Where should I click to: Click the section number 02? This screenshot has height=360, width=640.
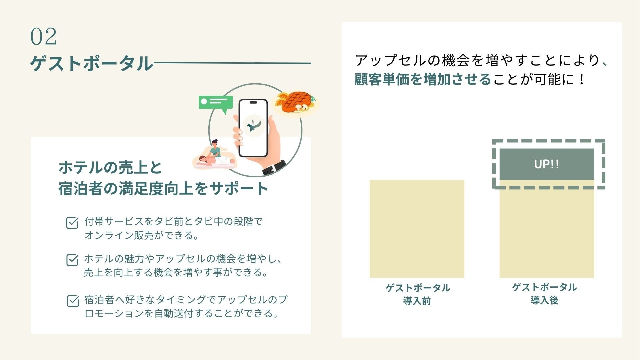point(43,36)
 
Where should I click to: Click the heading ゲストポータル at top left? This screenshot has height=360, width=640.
point(91,63)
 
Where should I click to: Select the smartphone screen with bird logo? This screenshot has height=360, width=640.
point(253,127)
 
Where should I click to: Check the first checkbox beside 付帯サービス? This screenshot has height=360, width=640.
point(72,223)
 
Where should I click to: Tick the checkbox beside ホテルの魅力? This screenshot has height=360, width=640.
point(72,260)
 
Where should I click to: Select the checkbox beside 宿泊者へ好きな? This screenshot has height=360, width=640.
point(73,301)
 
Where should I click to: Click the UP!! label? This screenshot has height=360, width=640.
point(547,164)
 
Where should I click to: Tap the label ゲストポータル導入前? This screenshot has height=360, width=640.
point(417,294)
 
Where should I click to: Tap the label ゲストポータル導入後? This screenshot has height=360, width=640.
point(544,294)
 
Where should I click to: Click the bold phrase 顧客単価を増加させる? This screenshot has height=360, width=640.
point(423,80)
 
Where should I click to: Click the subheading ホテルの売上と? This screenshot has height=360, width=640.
point(110,168)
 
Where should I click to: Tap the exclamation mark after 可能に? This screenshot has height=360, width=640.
point(582,80)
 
